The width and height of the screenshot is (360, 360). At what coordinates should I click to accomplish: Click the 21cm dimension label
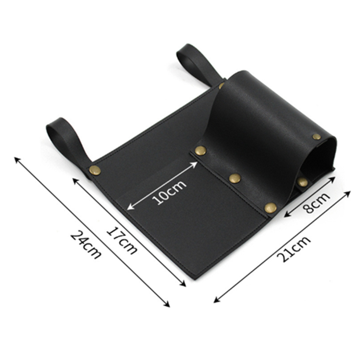pos(293,249)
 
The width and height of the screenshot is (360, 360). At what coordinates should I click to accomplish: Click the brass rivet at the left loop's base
pos(95,170)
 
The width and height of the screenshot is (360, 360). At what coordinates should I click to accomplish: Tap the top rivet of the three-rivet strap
pos(201,150)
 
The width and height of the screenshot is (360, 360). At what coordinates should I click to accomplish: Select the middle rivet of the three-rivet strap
pos(235,178)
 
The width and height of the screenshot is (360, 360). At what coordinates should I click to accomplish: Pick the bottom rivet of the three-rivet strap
pos(270,208)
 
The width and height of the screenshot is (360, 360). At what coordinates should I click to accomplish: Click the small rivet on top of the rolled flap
pos(316,137)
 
